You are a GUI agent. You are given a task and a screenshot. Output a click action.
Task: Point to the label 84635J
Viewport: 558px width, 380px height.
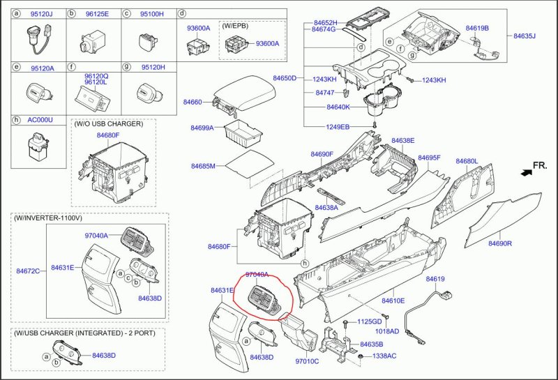(x=524, y=36)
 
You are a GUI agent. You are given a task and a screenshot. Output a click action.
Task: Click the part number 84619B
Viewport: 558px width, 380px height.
(x=477, y=28)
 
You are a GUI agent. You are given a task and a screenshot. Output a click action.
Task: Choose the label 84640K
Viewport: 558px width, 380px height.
(x=338, y=107)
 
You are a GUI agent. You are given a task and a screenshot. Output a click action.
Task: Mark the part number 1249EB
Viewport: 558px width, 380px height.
(x=338, y=127)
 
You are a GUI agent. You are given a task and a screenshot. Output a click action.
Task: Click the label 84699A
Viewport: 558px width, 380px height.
(x=202, y=128)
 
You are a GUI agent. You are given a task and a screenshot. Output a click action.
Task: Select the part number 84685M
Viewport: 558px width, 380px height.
(x=203, y=166)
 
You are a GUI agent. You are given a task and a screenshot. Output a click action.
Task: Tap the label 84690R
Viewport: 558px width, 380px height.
(x=500, y=243)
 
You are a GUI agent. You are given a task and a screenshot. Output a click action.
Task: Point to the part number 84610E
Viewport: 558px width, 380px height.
(x=393, y=301)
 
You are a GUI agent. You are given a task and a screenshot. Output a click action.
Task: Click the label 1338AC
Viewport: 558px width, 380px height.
(x=384, y=356)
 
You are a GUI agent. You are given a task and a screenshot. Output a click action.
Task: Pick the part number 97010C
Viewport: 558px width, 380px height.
(x=307, y=361)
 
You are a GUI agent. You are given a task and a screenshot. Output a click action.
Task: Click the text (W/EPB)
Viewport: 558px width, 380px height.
(x=234, y=25)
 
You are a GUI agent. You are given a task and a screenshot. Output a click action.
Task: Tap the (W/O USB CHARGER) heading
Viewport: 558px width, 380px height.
(x=108, y=123)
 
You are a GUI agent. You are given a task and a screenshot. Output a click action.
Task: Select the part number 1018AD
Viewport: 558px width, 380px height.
(x=387, y=331)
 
